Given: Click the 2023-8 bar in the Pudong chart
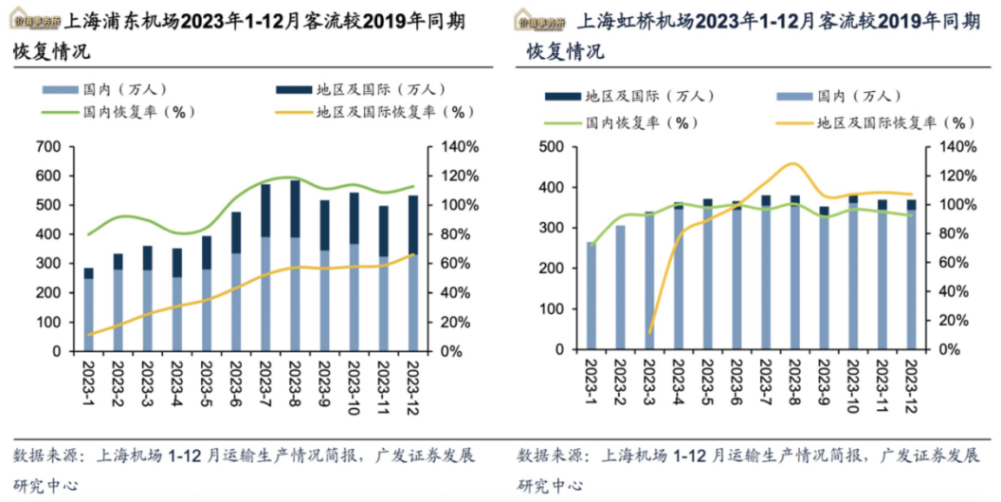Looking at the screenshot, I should (295, 266).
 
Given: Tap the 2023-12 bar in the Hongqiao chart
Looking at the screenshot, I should (911, 274).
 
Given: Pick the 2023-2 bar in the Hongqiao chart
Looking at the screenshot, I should (620, 288).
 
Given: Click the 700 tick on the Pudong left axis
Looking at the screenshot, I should (47, 147).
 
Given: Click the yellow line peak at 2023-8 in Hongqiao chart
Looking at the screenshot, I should (792, 163).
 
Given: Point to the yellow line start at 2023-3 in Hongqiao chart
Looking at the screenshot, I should (649, 333).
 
